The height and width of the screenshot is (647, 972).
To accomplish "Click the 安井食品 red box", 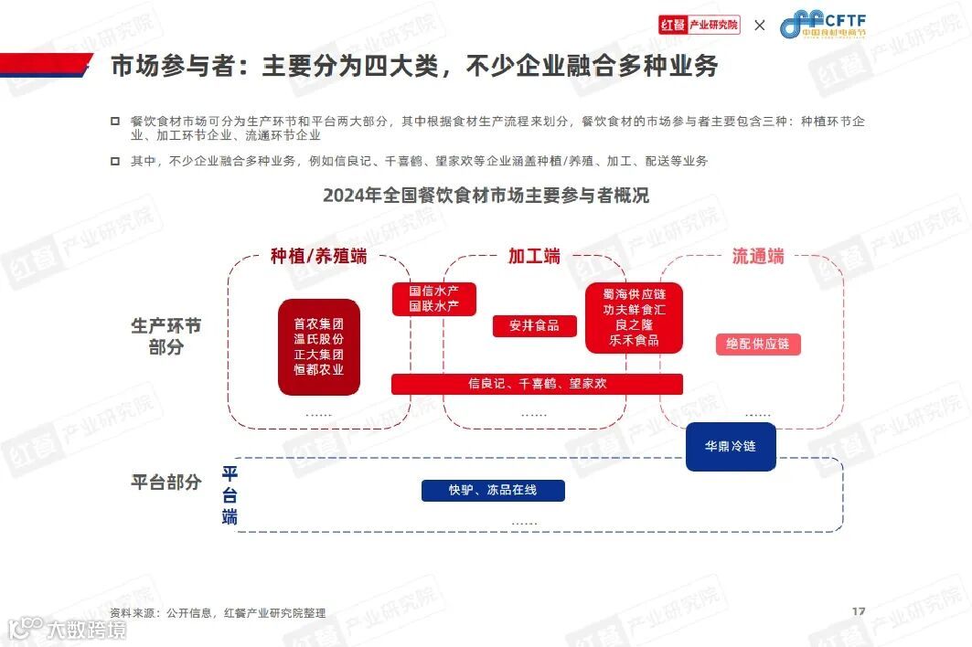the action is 535,325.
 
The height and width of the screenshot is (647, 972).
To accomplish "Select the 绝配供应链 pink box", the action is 757,345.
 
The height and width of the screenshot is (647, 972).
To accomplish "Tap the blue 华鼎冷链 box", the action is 731,447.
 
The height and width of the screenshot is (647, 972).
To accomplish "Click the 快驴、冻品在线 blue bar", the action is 493,491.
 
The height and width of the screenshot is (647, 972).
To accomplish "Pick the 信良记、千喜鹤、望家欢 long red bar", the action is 537,384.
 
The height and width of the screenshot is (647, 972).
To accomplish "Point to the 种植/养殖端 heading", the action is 318,257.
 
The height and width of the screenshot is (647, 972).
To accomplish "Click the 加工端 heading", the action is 534,257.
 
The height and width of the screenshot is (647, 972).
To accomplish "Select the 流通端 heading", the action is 758,257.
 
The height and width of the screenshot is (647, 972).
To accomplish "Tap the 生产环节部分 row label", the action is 166,336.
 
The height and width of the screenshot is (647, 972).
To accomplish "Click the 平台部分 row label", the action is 166,483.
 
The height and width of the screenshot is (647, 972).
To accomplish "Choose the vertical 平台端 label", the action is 230,495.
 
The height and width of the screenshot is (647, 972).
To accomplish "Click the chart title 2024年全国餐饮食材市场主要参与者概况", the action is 486,196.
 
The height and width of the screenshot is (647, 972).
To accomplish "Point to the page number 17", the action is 858,611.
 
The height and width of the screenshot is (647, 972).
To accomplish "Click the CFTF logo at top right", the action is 822,25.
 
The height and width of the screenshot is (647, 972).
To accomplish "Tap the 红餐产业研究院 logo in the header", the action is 699,25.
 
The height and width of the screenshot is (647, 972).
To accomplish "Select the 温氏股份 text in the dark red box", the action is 318,339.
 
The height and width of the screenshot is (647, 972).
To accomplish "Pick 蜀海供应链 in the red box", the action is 634,294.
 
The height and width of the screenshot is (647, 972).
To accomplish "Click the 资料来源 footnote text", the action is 218,613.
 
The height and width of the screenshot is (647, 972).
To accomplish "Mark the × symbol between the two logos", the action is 759,26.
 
